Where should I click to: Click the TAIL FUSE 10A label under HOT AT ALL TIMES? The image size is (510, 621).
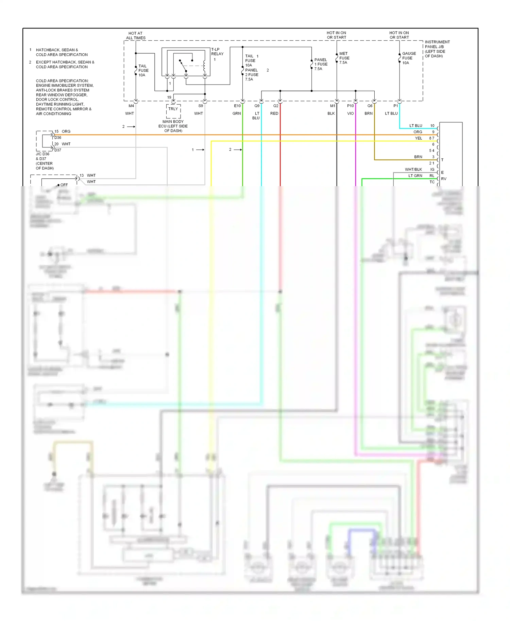tap(143, 71)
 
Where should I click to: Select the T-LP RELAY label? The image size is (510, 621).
tap(217, 52)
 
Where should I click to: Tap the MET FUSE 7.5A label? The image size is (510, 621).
tap(344, 58)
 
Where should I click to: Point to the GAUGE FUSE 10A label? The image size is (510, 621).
tap(409, 58)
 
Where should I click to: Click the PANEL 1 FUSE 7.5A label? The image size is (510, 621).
tap(321, 64)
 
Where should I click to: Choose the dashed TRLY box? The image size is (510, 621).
tap(173, 111)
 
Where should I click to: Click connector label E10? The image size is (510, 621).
tap(237, 106)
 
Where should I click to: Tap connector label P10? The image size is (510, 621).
tap(350, 106)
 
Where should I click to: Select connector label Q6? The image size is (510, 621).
tap(370, 106)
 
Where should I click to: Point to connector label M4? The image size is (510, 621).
tap(131, 106)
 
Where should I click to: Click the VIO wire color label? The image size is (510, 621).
tap(350, 113)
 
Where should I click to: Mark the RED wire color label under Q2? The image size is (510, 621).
tap(274, 113)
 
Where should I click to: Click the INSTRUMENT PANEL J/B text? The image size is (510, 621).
tap(437, 45)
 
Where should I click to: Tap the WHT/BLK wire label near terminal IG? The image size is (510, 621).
tap(413, 170)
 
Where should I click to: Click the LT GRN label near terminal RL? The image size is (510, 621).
tap(415, 176)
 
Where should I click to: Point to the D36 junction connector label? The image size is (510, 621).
tap(58, 138)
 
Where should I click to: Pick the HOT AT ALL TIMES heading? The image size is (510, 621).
tap(136, 36)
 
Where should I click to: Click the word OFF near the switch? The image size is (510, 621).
tap(64, 185)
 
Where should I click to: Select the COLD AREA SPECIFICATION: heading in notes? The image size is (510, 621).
tap(62, 81)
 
